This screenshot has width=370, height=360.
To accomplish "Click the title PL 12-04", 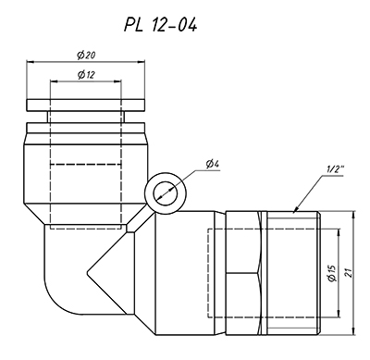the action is (x=160, y=24).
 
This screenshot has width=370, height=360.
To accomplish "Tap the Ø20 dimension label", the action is (x=86, y=56).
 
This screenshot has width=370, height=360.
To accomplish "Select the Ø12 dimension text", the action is (x=86, y=74).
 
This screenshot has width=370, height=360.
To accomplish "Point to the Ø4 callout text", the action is (x=213, y=164).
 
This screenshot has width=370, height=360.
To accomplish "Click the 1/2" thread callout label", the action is (x=335, y=169).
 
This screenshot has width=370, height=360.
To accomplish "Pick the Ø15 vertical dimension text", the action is (x=332, y=273).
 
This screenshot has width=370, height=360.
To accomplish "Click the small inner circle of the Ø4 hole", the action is (x=166, y=193).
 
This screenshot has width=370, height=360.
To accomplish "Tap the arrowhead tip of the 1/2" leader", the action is (x=293, y=212).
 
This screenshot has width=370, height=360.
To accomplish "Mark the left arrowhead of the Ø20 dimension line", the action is (x=28, y=62).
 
